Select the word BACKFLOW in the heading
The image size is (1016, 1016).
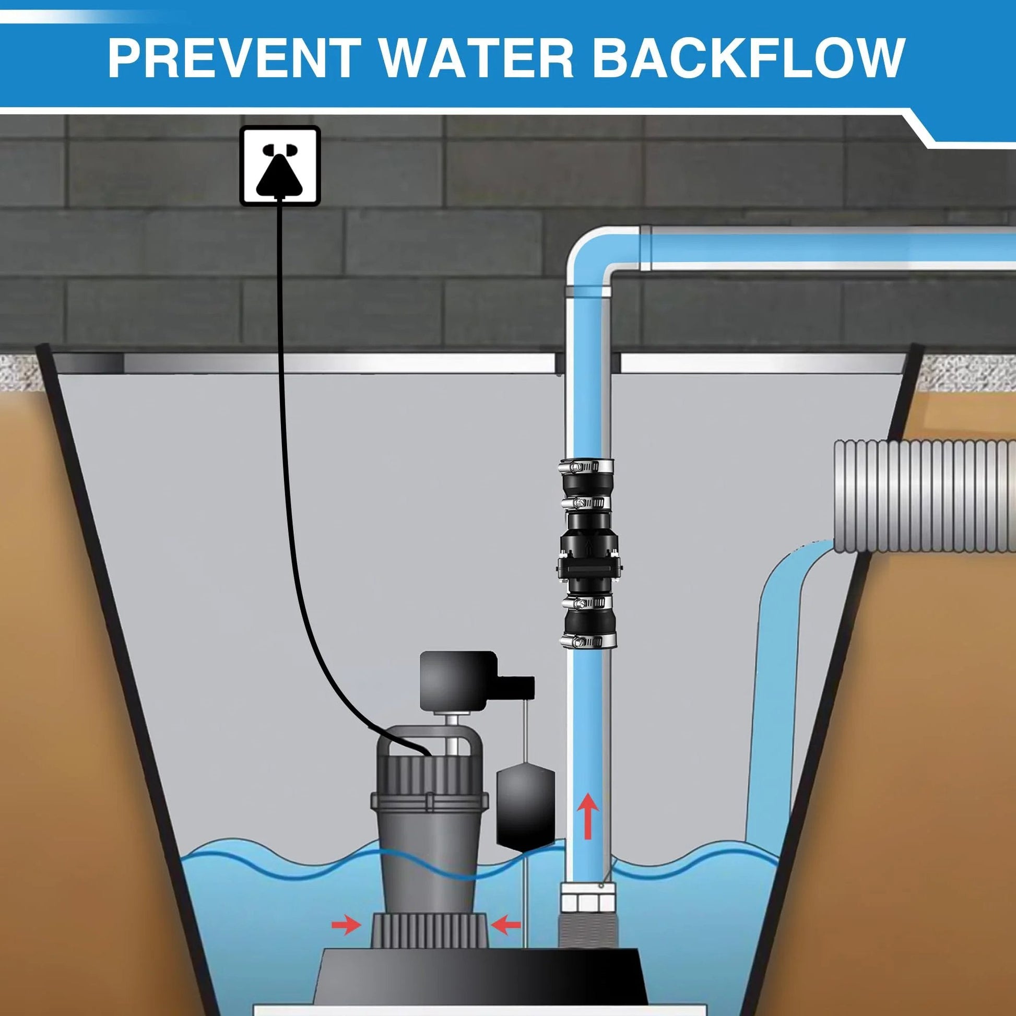tap(749, 57)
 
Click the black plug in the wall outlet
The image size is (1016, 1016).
tap(279, 174)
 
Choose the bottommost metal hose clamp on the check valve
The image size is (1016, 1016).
tap(588, 640)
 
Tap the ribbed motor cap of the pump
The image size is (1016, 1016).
tap(429, 781)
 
